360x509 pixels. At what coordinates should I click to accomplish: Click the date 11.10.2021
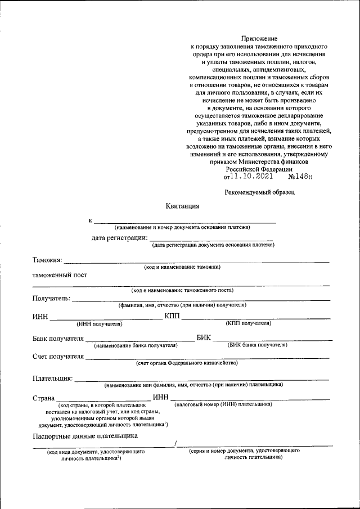pos(252,176)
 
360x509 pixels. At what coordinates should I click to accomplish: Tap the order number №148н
pos(300,177)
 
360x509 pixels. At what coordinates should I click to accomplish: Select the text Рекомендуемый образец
pos(259,192)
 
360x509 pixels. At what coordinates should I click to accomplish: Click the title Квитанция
pos(183,206)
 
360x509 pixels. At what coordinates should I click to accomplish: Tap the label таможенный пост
pos(60,276)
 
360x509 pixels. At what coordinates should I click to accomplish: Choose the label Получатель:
pos(51,298)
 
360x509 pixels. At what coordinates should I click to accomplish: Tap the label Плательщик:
pos(53,378)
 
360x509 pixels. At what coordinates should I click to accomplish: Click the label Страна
pos(43,398)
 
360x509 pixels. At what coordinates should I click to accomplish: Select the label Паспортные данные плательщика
pos(85,436)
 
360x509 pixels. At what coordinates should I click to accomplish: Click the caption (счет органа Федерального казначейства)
pos(187,363)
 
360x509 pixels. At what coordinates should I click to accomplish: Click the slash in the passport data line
pos(175,445)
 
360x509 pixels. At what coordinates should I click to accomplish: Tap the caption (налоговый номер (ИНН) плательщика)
pos(223,404)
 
